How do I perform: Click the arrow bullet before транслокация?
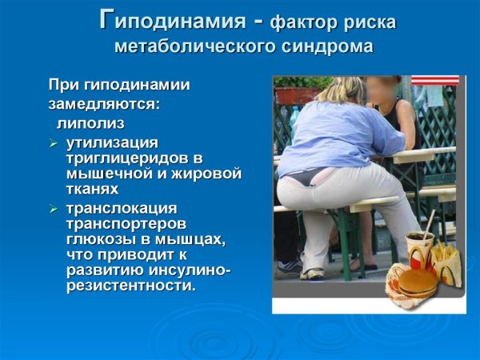click(53, 209)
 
